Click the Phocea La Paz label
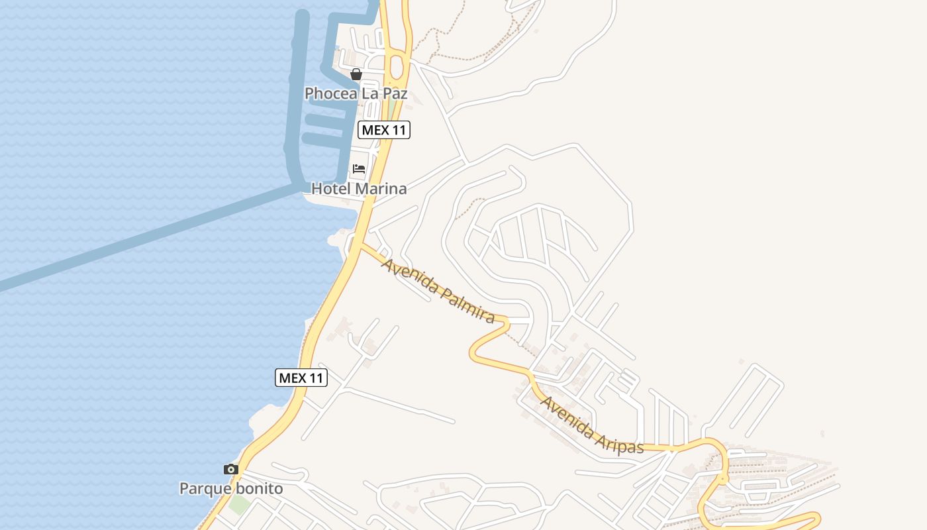click(356, 93)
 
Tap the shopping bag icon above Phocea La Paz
click(356, 74)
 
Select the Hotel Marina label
click(359, 189)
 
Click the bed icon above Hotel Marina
click(359, 169)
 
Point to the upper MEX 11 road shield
click(384, 130)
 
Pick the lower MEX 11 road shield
click(301, 378)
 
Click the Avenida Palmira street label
click(438, 290)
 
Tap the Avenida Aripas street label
click(591, 425)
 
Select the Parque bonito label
click(231, 489)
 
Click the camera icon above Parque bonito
click(231, 469)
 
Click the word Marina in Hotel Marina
click(381, 189)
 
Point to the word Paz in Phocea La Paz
click(393, 93)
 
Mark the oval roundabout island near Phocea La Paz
click(397, 66)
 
